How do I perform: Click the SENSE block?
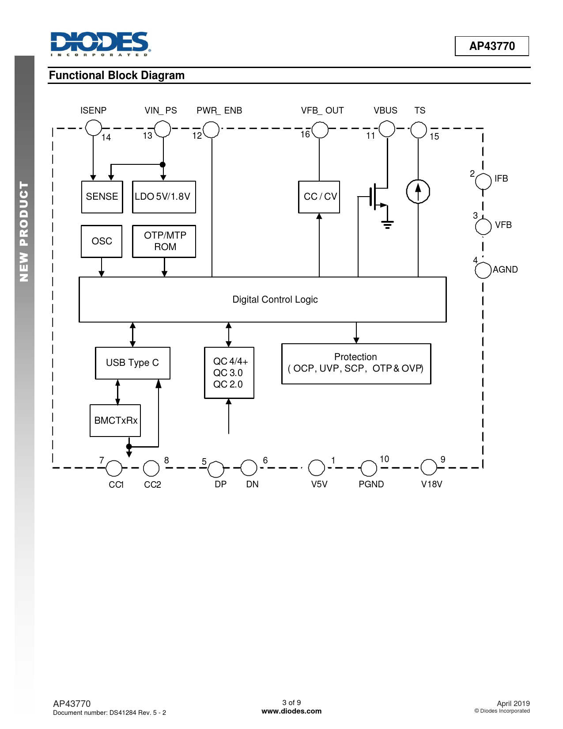[x=102, y=197]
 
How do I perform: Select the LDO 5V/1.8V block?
[x=164, y=197]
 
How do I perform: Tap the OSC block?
[x=102, y=241]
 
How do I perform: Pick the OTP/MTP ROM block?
[x=164, y=241]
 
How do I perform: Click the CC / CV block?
[x=319, y=197]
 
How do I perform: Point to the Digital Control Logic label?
[x=275, y=300]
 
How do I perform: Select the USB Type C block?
[x=132, y=363]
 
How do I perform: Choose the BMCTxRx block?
[x=115, y=421]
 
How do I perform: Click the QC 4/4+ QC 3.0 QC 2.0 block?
[x=229, y=372]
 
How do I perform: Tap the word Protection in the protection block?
[x=355, y=357]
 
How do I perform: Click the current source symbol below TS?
[x=418, y=191]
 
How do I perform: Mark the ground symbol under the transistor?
[x=387, y=225]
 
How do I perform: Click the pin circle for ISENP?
[x=93, y=128]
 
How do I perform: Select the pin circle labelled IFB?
[x=483, y=181]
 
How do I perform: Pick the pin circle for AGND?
[x=483, y=270]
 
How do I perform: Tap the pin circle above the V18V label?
[x=429, y=467]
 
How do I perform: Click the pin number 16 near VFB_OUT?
[x=305, y=134]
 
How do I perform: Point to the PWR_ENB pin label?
[x=219, y=110]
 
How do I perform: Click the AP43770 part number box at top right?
[x=492, y=46]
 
